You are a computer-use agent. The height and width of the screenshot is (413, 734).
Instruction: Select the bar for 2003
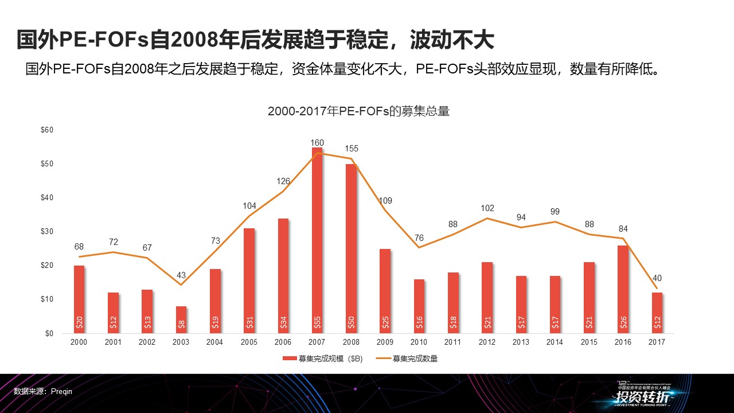coord(181,320)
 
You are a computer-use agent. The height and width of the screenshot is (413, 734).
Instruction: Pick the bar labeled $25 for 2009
coord(385,291)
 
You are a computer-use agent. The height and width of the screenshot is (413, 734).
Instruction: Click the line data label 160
coord(317,143)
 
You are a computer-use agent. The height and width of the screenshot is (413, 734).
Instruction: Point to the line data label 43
coord(181,275)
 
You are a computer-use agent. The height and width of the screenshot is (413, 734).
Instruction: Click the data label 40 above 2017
coord(657,278)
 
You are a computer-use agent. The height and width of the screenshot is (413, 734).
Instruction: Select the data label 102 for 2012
coord(487,208)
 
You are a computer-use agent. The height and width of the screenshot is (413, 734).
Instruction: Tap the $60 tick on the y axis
coord(47,130)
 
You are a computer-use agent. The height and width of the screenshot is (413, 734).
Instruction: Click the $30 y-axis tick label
coord(47,232)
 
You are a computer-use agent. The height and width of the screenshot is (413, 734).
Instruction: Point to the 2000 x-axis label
coord(79,342)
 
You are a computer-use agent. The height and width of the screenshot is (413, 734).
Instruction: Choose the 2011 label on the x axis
coord(453,342)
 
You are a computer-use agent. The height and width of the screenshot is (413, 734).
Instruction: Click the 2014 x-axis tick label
coord(555,342)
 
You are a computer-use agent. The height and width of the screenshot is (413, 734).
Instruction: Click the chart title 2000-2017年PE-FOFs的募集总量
coord(358,112)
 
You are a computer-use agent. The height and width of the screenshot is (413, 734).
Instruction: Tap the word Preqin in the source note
coord(61,391)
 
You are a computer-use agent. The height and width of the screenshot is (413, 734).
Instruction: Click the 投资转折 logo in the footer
coord(643,396)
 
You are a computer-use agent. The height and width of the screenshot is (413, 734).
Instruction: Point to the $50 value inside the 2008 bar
coord(351,323)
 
